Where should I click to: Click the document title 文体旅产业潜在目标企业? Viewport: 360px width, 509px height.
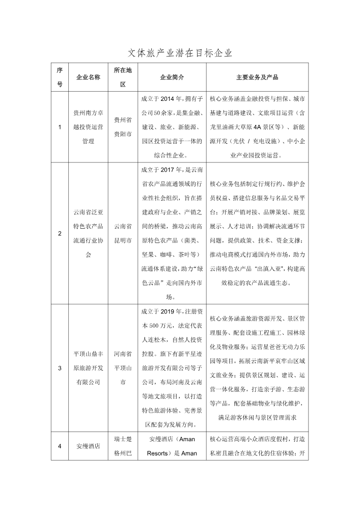[179, 52]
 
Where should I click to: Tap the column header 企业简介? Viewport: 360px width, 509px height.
[172, 77]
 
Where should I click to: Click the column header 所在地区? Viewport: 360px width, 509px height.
[123, 77]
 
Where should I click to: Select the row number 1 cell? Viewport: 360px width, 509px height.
[60, 127]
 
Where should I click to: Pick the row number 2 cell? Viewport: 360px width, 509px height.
[60, 233]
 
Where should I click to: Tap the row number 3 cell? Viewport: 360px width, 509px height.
[60, 367]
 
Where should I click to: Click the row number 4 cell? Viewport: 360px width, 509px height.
[60, 446]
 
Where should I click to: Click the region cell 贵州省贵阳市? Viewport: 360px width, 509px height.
[123, 127]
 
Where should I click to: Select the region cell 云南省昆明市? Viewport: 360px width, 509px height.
[123, 233]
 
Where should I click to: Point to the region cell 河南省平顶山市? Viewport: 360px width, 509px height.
[123, 367]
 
